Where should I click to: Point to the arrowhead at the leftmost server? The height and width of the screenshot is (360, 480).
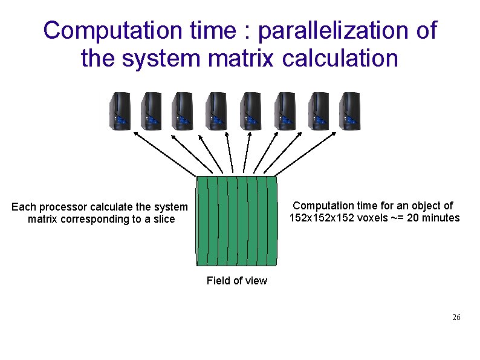coord(134,135)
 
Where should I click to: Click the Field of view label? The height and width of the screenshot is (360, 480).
coord(236,281)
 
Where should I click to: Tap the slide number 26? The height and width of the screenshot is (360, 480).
coord(456,318)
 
